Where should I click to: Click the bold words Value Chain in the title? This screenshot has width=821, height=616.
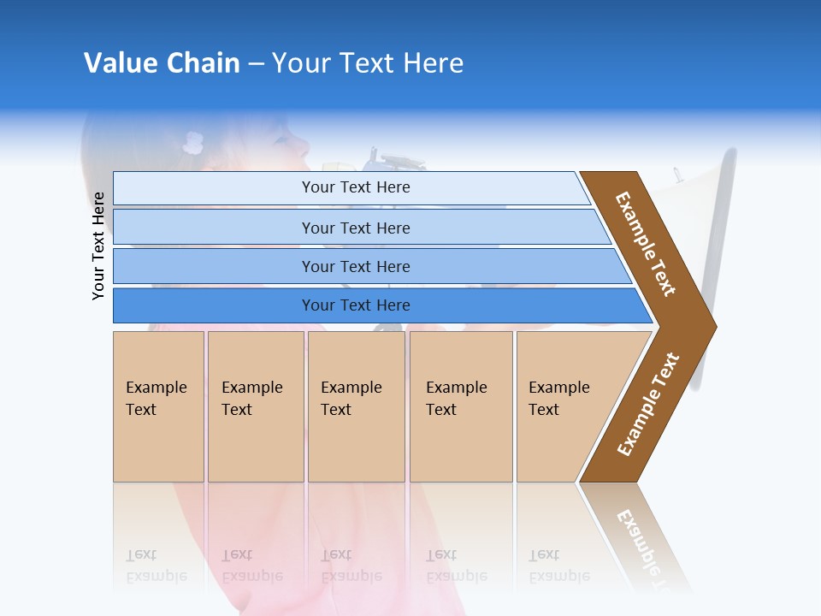click(162, 63)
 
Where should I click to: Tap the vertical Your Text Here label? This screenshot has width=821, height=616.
click(99, 246)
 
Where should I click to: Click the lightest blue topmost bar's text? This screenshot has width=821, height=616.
click(356, 187)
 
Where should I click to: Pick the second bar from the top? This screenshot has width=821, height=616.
click(356, 228)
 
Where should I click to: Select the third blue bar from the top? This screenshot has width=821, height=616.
click(356, 267)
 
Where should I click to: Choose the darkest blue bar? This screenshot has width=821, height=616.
click(356, 305)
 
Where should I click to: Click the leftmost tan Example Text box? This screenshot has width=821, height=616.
click(158, 406)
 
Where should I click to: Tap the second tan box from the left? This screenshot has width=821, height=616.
click(255, 406)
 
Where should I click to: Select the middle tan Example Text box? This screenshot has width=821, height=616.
click(356, 406)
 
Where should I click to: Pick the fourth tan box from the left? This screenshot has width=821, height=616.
click(460, 406)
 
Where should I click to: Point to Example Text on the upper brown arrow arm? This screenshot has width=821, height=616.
click(646, 244)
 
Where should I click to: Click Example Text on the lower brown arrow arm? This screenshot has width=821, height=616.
click(648, 404)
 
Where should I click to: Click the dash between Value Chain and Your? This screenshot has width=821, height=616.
click(256, 64)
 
